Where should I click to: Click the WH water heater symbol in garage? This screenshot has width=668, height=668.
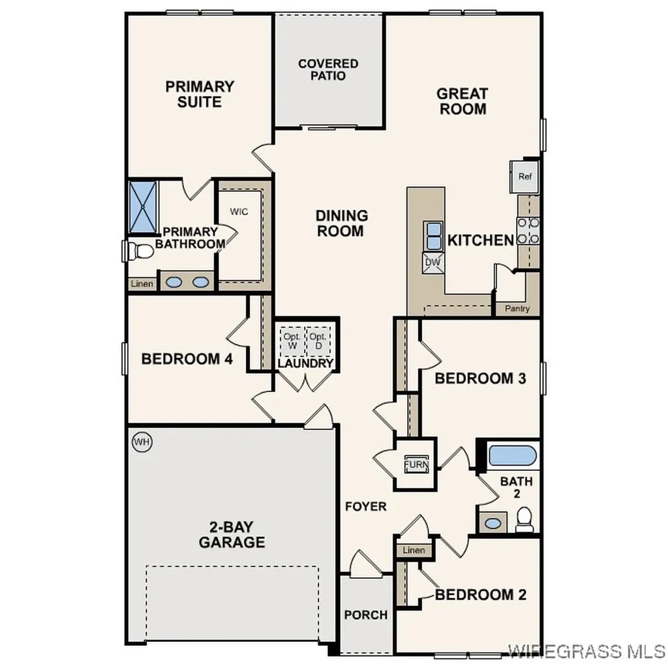[142, 442]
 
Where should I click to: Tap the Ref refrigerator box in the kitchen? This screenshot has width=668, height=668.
[525, 177]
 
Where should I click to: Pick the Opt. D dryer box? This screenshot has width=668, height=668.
[318, 341]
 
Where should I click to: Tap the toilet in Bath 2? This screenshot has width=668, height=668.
[524, 519]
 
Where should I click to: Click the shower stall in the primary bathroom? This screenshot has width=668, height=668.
[144, 207]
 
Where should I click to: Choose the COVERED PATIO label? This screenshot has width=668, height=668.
[328, 69]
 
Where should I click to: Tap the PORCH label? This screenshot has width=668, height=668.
[366, 615]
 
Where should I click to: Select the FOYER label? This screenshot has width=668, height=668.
[366, 506]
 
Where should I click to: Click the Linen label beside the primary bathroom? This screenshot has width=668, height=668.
[142, 284]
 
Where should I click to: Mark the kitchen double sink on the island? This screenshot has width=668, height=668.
[433, 235]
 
